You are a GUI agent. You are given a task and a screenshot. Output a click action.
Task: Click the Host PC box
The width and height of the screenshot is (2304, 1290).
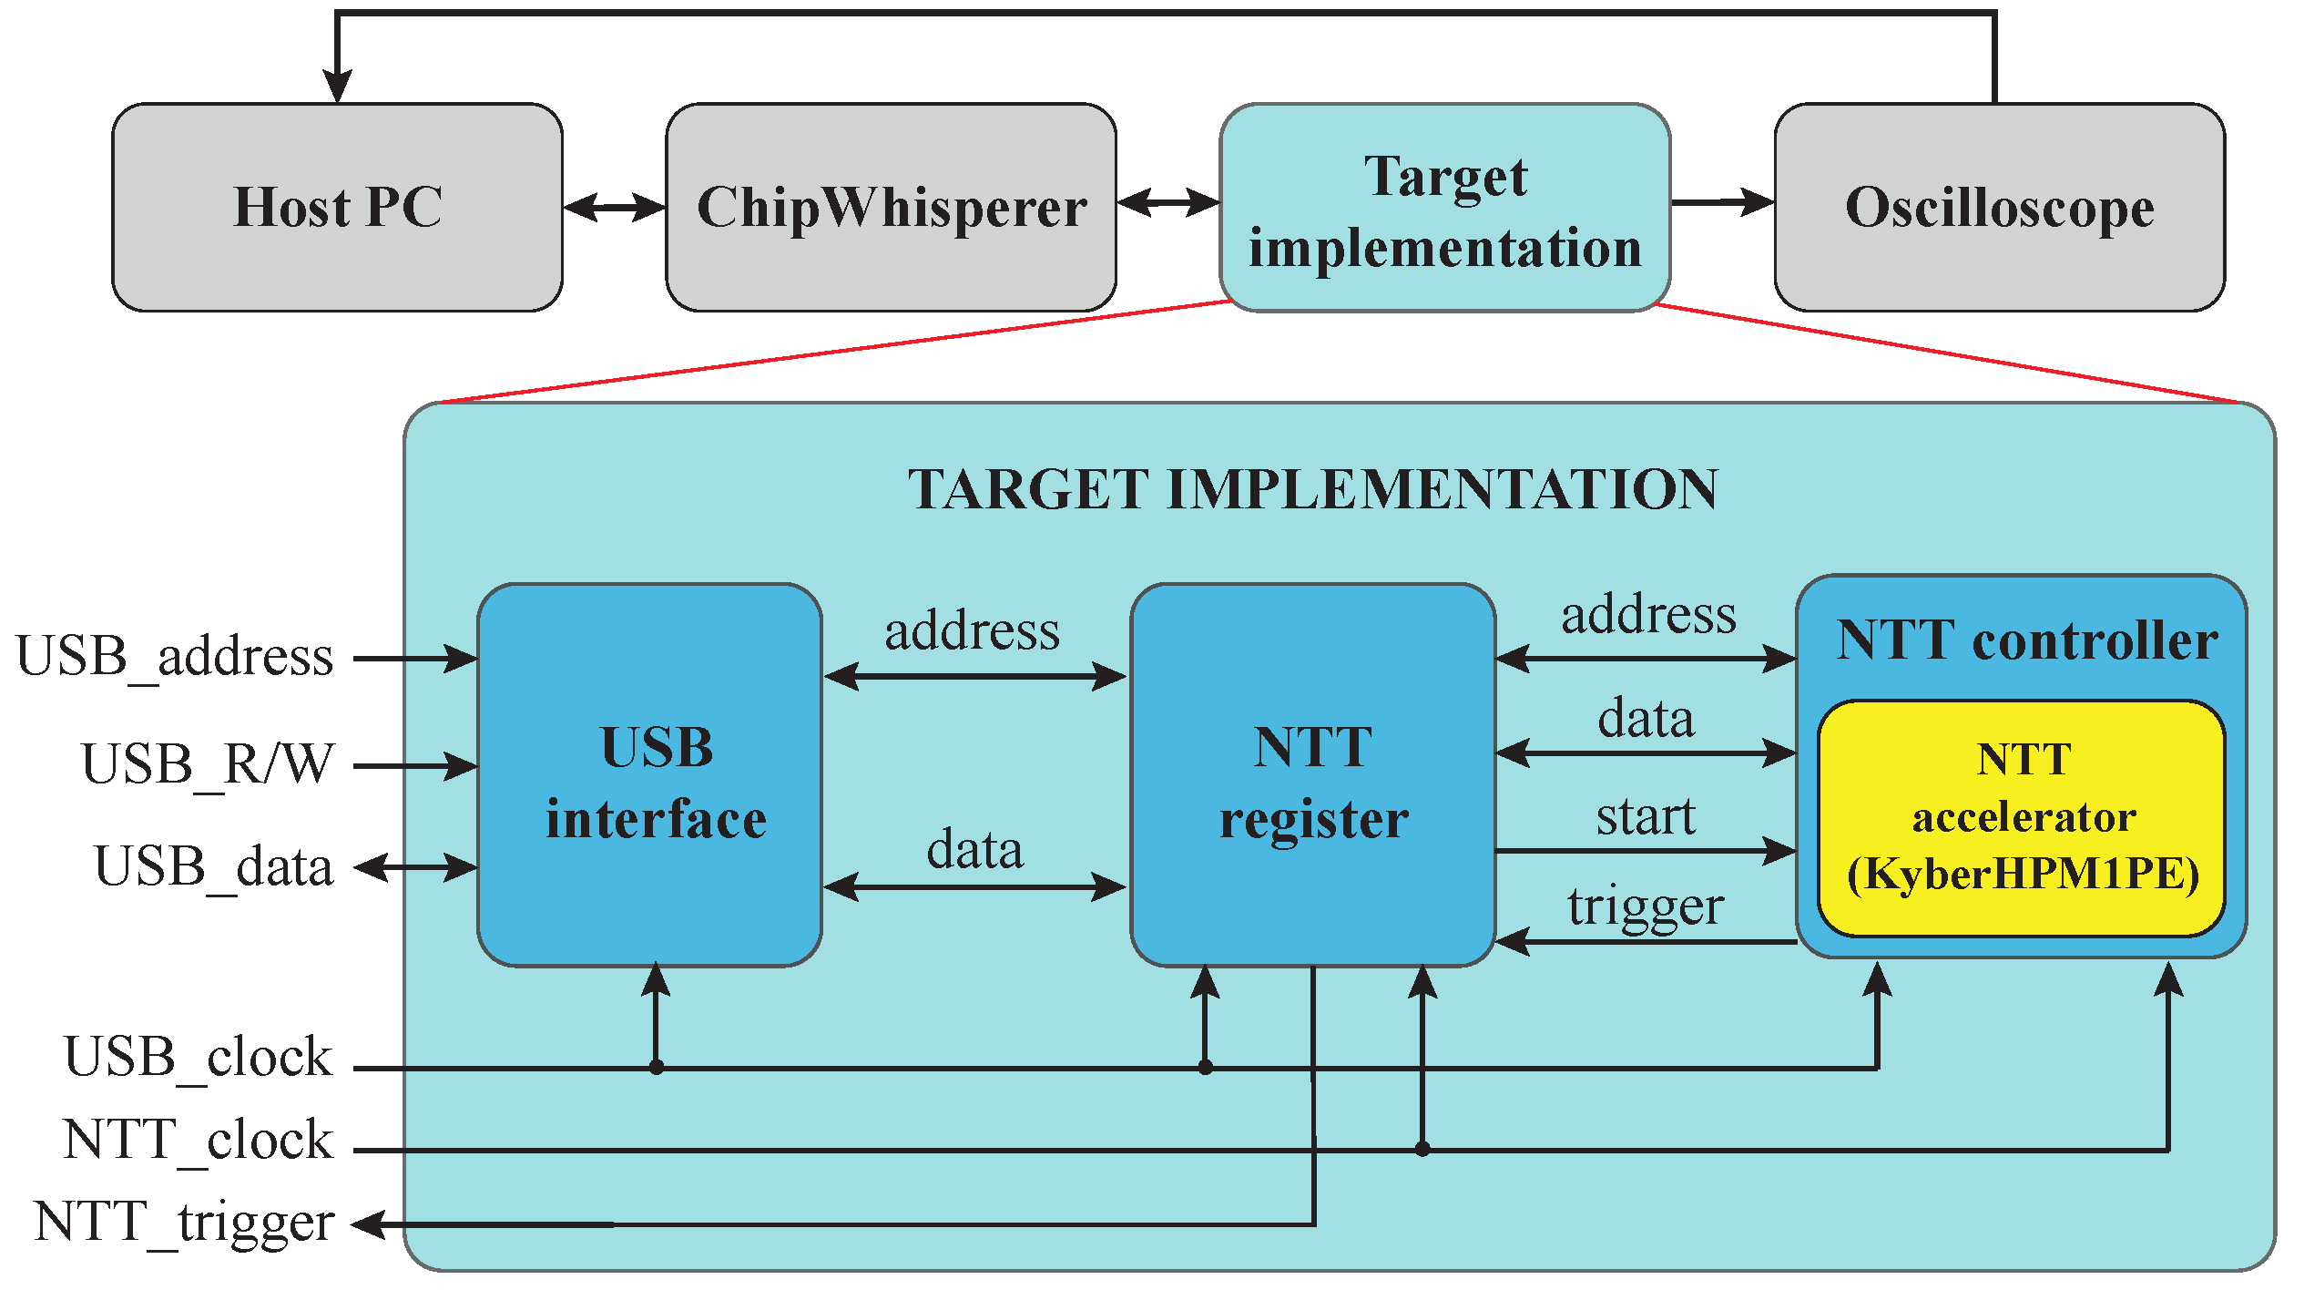click(x=337, y=207)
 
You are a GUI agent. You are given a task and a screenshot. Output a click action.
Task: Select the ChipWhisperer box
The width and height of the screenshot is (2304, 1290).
click(x=891, y=207)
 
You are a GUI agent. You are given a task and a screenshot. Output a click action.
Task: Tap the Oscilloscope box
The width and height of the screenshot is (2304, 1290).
click(x=1999, y=207)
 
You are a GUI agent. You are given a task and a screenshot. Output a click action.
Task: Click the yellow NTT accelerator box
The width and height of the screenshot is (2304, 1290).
click(x=2022, y=817)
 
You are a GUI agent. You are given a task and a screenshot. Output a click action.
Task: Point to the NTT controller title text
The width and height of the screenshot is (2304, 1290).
click(x=2027, y=640)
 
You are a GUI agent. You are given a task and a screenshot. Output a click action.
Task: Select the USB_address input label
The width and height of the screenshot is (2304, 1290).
click(x=175, y=657)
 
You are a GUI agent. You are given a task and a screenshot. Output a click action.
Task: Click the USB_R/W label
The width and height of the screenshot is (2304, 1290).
click(x=208, y=763)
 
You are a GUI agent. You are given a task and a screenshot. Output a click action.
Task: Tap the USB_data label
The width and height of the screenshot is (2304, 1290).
click(x=213, y=866)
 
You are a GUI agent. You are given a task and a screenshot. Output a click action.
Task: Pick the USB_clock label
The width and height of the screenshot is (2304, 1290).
click(x=198, y=1058)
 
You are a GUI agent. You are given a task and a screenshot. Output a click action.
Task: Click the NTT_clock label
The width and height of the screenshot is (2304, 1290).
click(x=198, y=1140)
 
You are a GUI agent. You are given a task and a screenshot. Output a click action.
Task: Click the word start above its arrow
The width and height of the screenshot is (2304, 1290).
click(x=1646, y=816)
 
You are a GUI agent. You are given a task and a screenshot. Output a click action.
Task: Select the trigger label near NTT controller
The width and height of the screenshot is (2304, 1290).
click(x=1646, y=906)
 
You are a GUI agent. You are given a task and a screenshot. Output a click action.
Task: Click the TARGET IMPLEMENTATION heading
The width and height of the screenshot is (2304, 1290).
click(x=1312, y=489)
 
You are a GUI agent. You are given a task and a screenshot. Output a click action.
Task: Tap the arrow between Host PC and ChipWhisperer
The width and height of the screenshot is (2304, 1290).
click(x=614, y=207)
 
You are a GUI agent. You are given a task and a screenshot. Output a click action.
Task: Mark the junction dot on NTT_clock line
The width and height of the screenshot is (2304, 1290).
click(x=1422, y=1150)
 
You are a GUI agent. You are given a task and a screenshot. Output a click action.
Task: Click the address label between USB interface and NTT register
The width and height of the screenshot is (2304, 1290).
click(x=973, y=631)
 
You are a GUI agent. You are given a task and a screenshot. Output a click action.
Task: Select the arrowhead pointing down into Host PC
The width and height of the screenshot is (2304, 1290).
click(x=338, y=87)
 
